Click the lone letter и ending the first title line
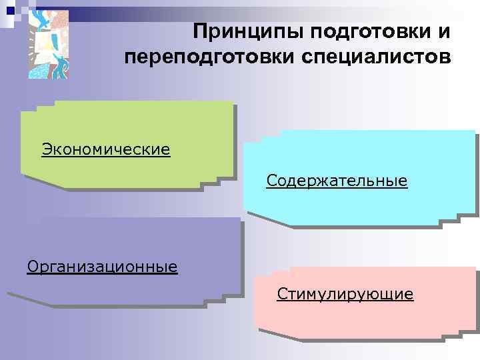pyautogui.click(x=445, y=32)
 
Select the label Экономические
pyautogui.click(x=106, y=148)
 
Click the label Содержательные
pyautogui.click(x=337, y=181)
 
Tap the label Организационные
pyautogui.click(x=103, y=267)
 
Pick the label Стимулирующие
pyautogui.click(x=345, y=294)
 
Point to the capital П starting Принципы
pyautogui.click(x=200, y=31)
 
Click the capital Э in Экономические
pyautogui.click(x=47, y=148)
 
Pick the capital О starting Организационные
pyautogui.click(x=33, y=267)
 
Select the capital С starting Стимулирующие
pyautogui.click(x=281, y=294)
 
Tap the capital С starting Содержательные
pyautogui.click(x=271, y=181)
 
